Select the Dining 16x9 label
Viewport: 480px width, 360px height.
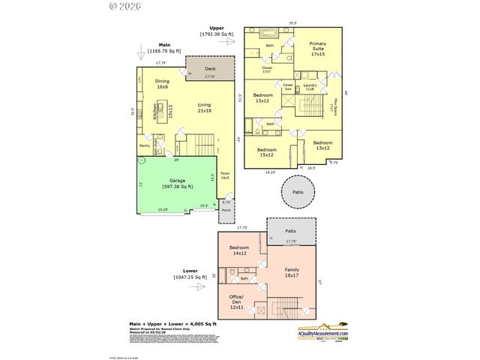(162, 84)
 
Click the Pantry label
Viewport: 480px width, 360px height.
(144, 145)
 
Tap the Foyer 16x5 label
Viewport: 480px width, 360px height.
(225, 175)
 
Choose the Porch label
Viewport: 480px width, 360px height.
(226, 211)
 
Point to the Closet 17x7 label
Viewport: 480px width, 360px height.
(267, 69)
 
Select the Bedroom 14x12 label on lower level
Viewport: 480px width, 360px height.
(238, 250)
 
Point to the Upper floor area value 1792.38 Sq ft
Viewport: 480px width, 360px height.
(217, 34)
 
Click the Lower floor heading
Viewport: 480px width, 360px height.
(190, 271)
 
